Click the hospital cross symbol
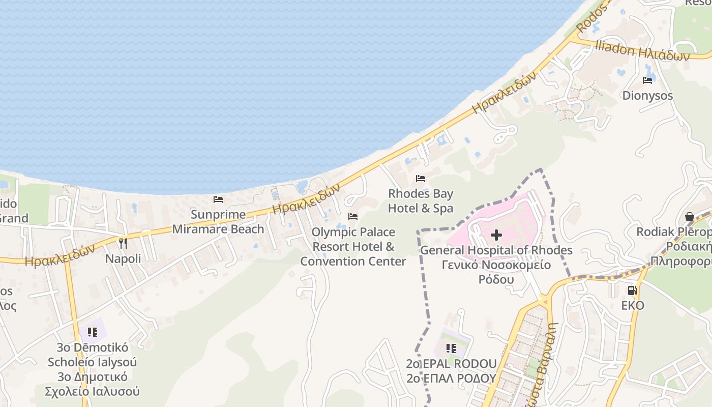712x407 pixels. [496, 235]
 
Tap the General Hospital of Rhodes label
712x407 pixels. [496, 250]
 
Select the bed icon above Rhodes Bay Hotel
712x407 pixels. [421, 179]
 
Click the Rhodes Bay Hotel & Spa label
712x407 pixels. [421, 201]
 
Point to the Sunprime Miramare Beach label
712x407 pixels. [218, 222]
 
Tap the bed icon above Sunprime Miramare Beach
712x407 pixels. [218, 199]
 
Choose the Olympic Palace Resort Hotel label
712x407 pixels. [353, 247]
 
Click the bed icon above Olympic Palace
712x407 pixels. [353, 217]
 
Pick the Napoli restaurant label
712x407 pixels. [123, 258]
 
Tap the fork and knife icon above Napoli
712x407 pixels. [123, 244]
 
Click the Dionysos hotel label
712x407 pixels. [647, 96]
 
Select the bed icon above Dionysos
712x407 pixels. [647, 80]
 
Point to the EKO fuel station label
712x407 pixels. [633, 305]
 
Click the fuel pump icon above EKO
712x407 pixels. [632, 290]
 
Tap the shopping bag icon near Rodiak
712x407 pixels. [690, 217]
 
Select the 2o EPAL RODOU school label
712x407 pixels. [451, 364]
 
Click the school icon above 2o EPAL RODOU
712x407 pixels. [451, 348]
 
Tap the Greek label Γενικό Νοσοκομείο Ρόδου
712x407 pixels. [496, 272]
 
